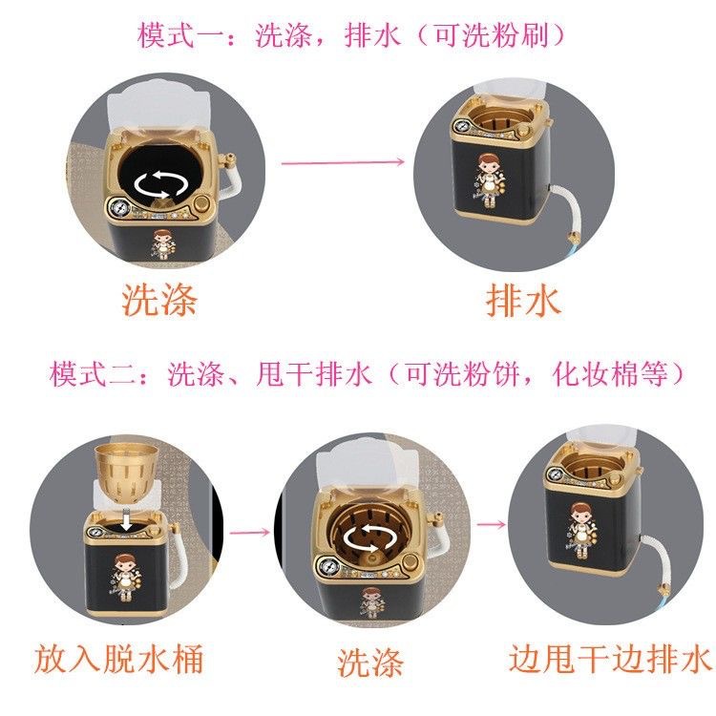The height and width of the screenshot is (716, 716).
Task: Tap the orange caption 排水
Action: [x=523, y=301]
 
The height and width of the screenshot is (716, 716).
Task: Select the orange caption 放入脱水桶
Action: [x=119, y=658]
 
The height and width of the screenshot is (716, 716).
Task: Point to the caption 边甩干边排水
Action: [x=610, y=658]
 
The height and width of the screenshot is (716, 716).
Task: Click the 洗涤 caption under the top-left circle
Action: [x=159, y=300]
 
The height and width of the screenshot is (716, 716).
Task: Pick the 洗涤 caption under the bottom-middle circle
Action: [x=369, y=662]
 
